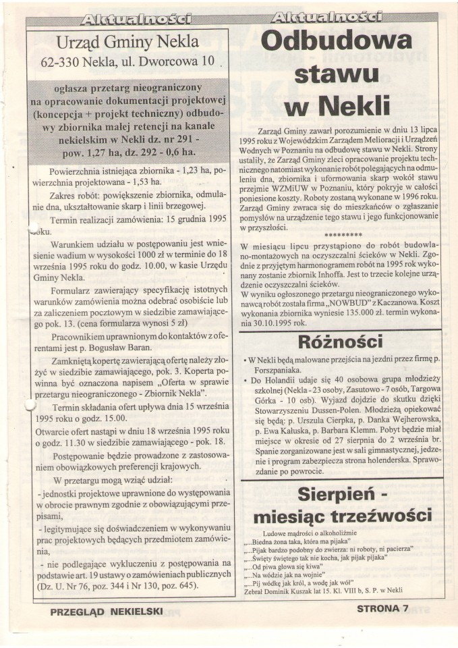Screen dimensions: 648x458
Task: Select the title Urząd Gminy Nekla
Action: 128,42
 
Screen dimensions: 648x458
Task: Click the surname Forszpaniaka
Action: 285,371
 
